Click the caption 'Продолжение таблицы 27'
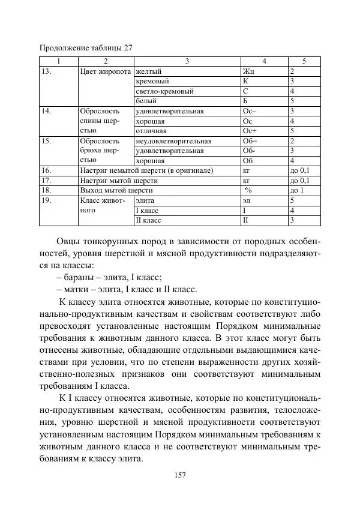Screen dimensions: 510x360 [x=86, y=48]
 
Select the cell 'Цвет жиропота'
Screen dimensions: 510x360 [x=106, y=71]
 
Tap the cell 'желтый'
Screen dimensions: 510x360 [x=149, y=71]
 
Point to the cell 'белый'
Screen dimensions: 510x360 [x=146, y=101]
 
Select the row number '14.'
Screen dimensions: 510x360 [x=47, y=111]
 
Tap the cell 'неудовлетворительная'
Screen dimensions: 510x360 [x=170, y=141]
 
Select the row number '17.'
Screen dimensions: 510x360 [x=47, y=181]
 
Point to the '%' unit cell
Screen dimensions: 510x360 [x=247, y=190]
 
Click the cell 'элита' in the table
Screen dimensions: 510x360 [x=145, y=200]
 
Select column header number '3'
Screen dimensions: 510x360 [x=187, y=61]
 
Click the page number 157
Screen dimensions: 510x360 [x=179, y=475]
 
